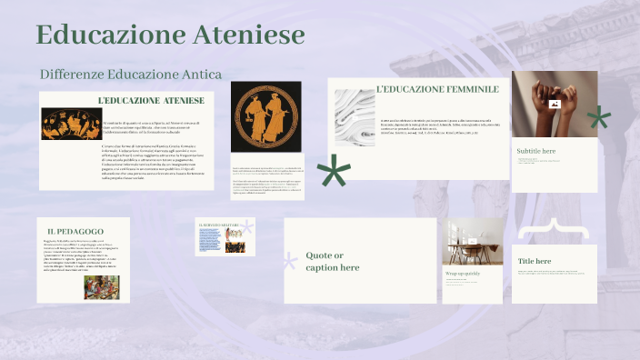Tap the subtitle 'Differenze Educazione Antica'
pyautogui.click(x=131, y=73)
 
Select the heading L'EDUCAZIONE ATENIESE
pyautogui.click(x=150, y=100)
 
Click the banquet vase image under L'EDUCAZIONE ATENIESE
pyautogui.click(x=71, y=124)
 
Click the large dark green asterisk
pyautogui.click(x=334, y=171)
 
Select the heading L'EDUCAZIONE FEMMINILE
pyautogui.click(x=437, y=89)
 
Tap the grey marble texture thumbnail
pyautogui.click(x=352, y=117)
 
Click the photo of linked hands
pyautogui.click(x=555, y=104)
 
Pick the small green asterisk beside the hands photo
pyautogui.click(x=598, y=117)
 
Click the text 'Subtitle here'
pyautogui.click(x=535, y=151)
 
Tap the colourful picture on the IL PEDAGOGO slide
pyautogui.click(x=102, y=287)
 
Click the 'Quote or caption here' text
pyautogui.click(x=333, y=261)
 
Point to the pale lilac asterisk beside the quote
pyautogui.click(x=290, y=263)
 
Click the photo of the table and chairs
pyautogui.click(x=473, y=241)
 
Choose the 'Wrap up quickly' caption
pyautogui.click(x=462, y=273)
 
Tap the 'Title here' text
pyautogui.click(x=535, y=261)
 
